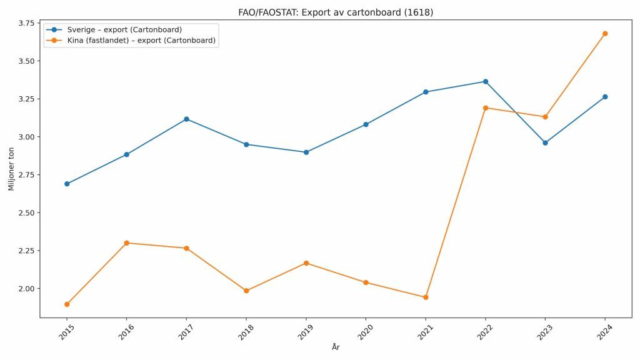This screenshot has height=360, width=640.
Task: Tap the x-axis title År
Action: (336, 347)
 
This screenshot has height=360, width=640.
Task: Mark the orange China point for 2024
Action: (605, 34)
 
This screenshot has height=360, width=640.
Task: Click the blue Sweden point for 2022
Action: (486, 82)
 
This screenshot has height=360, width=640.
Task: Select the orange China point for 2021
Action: (426, 297)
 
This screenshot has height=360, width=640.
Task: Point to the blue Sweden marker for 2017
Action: (186, 119)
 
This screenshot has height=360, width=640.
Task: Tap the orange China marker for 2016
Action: (127, 243)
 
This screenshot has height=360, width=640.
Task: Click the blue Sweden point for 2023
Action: (545, 142)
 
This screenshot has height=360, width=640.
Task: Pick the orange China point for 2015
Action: (67, 304)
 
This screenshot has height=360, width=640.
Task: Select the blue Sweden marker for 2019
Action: (306, 152)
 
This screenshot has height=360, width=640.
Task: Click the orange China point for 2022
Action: (486, 108)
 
